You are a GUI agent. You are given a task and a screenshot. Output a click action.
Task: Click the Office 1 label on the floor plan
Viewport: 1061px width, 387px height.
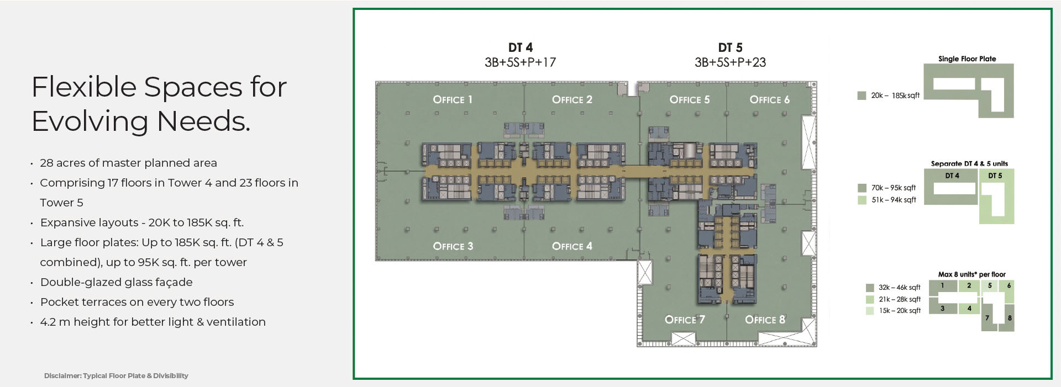[x=453, y=99]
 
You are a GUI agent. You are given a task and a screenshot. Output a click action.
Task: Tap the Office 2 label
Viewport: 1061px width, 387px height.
[x=572, y=99]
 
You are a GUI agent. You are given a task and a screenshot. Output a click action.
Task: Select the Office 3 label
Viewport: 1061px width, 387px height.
[x=453, y=246]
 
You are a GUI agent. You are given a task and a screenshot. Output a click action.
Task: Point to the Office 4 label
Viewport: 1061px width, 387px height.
[x=572, y=246]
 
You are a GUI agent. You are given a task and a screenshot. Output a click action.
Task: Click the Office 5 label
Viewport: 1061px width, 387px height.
[x=690, y=99]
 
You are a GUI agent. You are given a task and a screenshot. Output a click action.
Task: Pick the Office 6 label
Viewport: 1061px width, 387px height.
[x=770, y=99]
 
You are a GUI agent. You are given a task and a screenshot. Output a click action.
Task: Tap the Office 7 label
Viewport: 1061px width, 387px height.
[x=685, y=320]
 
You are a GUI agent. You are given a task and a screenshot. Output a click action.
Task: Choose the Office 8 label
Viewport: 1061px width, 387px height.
[x=765, y=320]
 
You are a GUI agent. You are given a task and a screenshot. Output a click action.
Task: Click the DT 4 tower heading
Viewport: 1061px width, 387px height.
[x=521, y=47]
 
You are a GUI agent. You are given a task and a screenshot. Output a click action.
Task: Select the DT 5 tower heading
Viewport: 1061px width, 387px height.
[x=730, y=47]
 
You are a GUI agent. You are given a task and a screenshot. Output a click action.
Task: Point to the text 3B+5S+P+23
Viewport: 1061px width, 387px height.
[x=730, y=62]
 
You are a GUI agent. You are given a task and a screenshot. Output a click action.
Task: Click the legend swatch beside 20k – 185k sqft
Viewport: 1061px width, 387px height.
[x=862, y=96]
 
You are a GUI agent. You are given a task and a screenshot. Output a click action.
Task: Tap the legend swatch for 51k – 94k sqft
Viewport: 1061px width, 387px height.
[x=862, y=200]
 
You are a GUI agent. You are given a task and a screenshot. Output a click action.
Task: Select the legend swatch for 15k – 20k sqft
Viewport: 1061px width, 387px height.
[x=870, y=311]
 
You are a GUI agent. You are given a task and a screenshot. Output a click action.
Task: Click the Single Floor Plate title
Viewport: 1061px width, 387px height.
[x=967, y=59]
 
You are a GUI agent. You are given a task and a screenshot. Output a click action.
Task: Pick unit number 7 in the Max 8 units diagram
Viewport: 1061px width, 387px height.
[x=987, y=318]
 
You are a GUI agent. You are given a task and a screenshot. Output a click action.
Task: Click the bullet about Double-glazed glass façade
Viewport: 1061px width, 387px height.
[x=116, y=282]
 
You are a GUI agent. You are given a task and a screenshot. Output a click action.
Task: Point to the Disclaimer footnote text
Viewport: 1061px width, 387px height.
[x=116, y=375]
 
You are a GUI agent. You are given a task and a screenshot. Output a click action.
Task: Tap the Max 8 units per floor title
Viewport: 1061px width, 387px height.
[x=971, y=274]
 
